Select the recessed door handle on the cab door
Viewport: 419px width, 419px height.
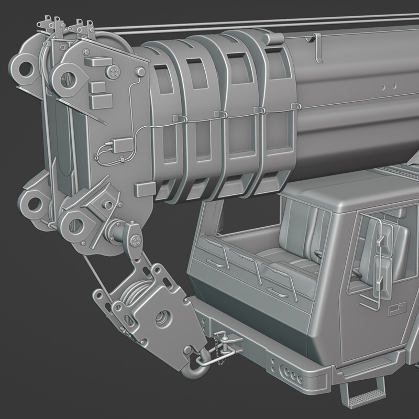pos(394,312)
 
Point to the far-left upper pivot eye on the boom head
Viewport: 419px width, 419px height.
pos(23,68)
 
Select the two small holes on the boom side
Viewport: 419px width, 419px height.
pos(388,86)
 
